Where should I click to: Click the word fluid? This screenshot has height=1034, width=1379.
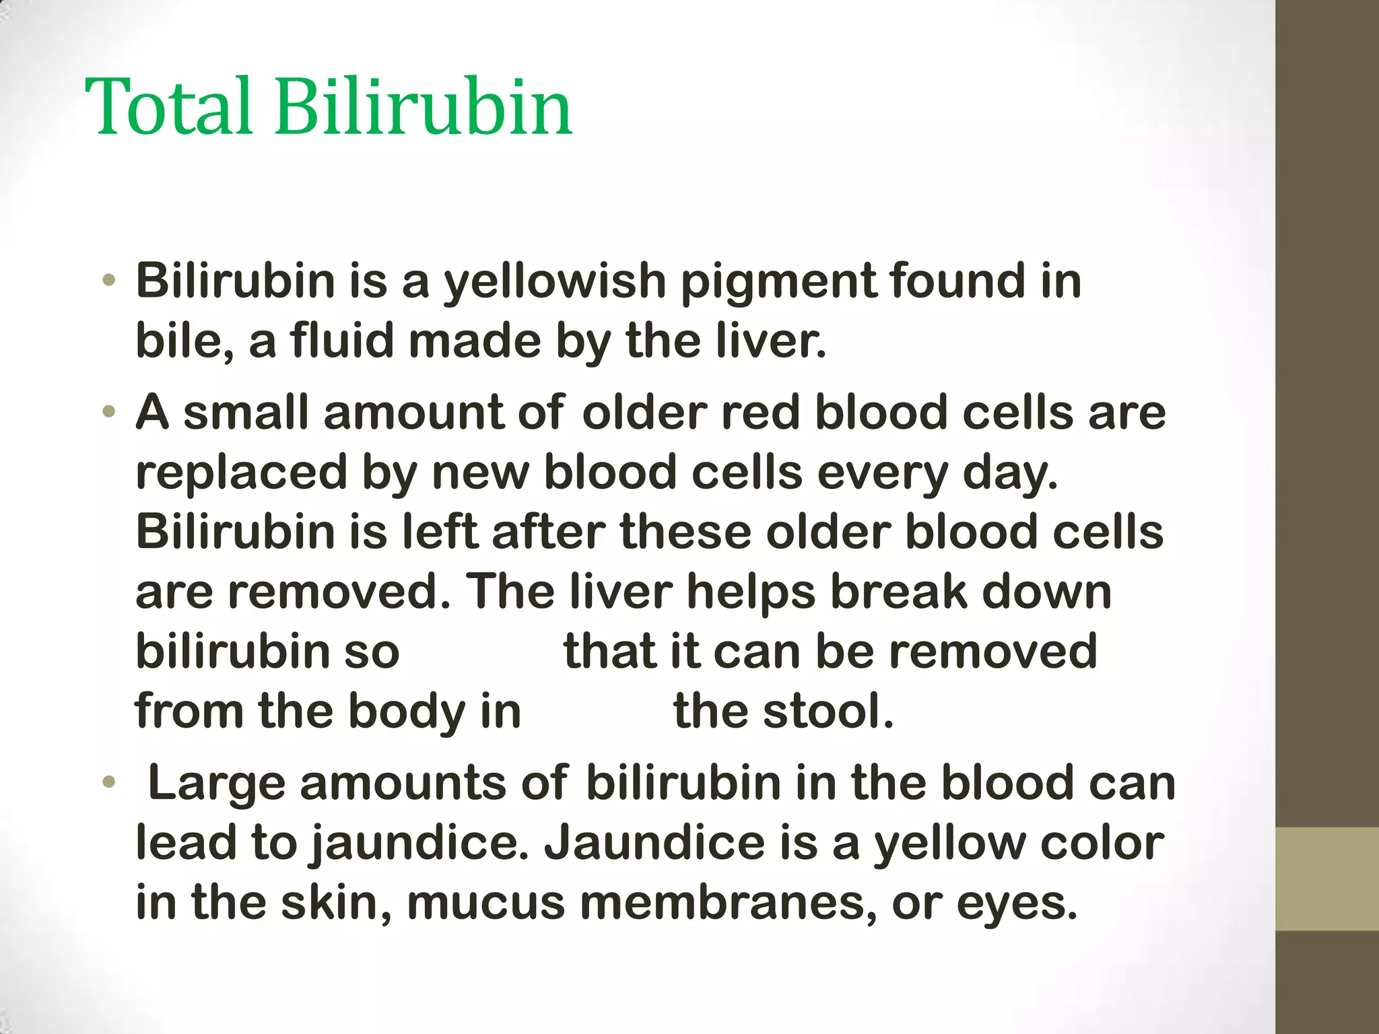(x=342, y=341)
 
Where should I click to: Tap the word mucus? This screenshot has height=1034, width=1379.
(x=485, y=903)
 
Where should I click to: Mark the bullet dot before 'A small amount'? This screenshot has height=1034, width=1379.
(x=109, y=412)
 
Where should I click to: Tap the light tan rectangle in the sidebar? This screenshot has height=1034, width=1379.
(x=1327, y=878)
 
